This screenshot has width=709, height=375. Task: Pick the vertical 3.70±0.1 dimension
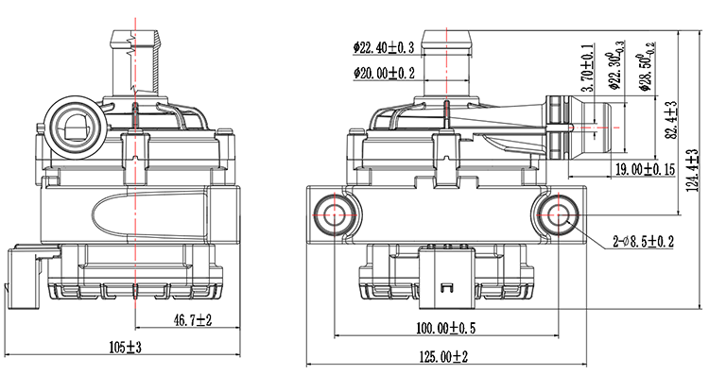click(x=588, y=74)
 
